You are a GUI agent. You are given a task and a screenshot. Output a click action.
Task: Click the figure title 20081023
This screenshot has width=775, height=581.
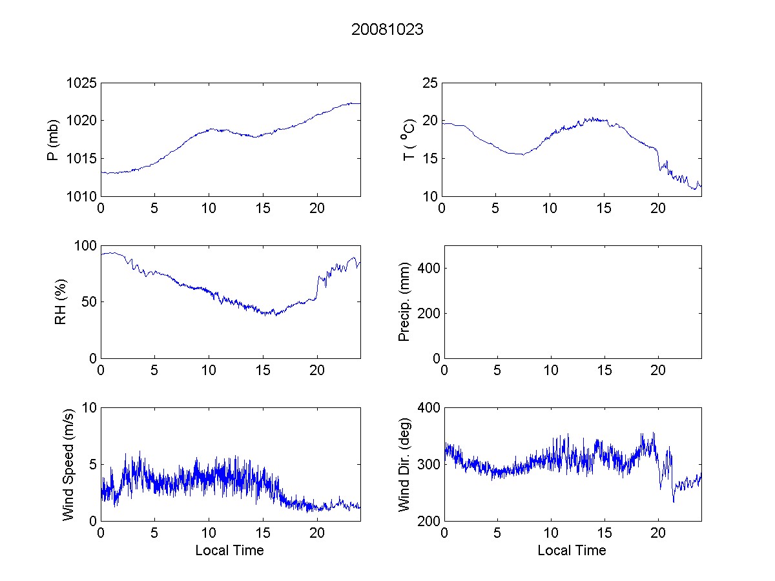[387, 29]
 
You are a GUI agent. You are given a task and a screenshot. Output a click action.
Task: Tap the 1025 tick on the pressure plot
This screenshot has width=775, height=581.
[81, 83]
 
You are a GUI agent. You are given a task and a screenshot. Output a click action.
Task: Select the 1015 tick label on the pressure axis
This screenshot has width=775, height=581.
[81, 159]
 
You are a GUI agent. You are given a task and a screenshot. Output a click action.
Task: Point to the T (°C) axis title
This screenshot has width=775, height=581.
[409, 140]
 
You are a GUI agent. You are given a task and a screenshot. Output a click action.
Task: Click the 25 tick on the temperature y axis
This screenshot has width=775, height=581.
[429, 83]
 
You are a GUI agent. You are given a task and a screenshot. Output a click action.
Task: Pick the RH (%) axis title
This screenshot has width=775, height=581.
[61, 302]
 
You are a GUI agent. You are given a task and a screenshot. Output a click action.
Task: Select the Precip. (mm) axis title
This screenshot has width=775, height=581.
[405, 302]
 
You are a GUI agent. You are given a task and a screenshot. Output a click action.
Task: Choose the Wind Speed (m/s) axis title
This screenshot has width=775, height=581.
[68, 464]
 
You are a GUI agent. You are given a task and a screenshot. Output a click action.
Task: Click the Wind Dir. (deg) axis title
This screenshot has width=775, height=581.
[405, 464]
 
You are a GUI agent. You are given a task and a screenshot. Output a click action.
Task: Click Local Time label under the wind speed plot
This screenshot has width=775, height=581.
[229, 551]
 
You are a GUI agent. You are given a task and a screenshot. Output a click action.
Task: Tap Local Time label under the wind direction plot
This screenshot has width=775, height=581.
[572, 551]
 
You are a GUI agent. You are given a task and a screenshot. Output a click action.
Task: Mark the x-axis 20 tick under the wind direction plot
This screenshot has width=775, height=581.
[658, 533]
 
